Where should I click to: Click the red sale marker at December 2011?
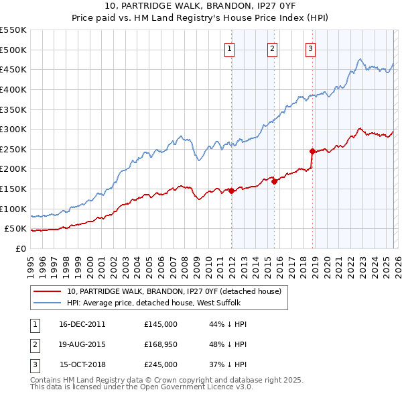232,191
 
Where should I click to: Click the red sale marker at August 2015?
275,181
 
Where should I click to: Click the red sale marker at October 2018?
312,151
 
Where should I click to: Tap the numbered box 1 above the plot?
229,48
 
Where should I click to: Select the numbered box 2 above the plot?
273,48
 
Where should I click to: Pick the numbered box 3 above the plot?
311,48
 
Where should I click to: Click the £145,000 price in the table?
161,324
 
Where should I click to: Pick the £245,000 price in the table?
161,364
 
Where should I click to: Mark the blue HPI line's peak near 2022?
360,59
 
